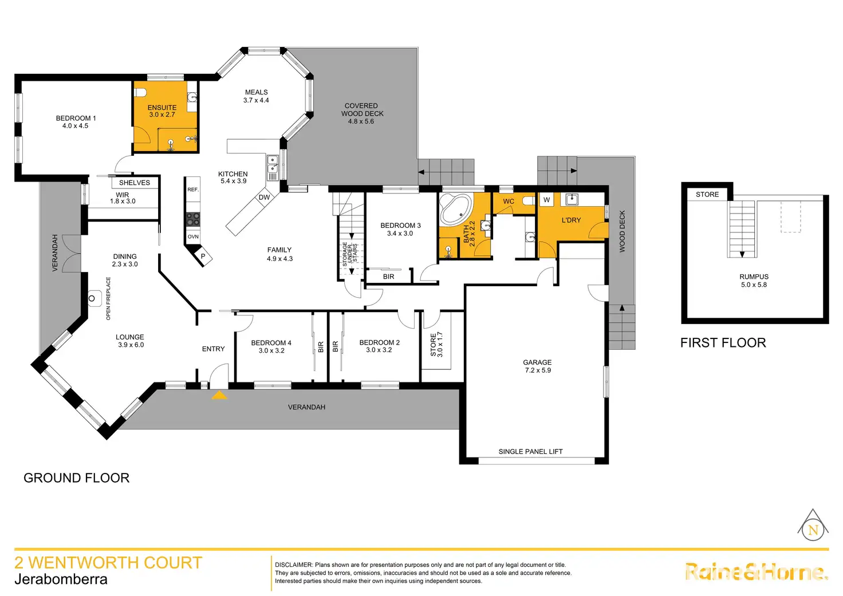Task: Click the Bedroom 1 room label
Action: [76, 122]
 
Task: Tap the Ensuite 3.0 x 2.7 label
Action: [162, 111]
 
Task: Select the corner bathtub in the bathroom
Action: [455, 210]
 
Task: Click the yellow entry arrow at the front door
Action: [219, 395]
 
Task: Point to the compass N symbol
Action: [813, 530]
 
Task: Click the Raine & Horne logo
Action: [756, 572]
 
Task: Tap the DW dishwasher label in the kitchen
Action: [264, 198]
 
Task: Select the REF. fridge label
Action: [193, 190]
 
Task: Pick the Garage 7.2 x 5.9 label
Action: [537, 366]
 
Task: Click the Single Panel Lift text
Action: [530, 452]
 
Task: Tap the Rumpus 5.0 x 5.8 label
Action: [754, 281]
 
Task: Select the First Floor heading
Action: [723, 343]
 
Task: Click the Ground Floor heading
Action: [76, 478]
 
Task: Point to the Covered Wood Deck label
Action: [361, 113]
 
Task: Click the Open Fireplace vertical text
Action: [108, 298]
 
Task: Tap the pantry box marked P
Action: [203, 256]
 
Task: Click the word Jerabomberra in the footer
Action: [61, 579]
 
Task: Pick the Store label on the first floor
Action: [707, 195]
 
